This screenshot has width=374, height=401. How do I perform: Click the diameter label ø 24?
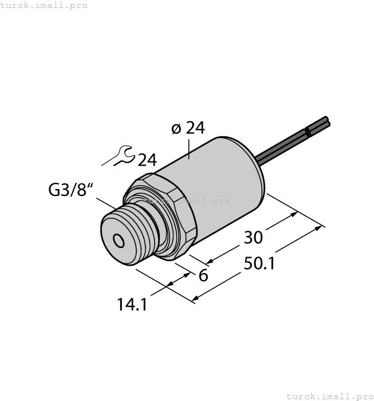(x=188, y=128)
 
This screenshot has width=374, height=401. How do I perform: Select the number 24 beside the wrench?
(x=147, y=159)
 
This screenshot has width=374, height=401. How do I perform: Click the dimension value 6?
(x=202, y=275)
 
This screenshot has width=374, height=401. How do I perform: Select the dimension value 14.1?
(x=132, y=305)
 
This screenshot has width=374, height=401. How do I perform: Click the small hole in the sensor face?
(x=119, y=241)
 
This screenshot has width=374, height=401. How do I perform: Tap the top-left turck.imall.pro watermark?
(x=44, y=5)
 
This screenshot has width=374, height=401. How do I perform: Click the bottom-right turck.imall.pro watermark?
(x=329, y=396)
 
